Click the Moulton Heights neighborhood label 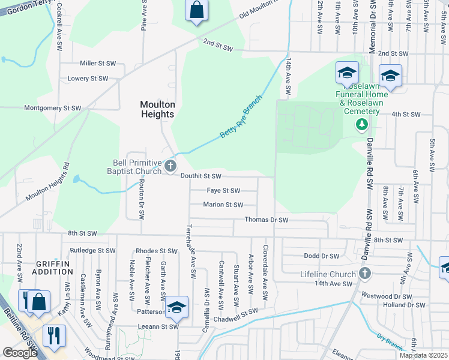[x=157, y=109]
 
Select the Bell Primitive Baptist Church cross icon [x=170, y=166]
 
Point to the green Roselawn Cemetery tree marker [x=361, y=124]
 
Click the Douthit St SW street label [x=201, y=176]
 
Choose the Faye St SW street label [x=223, y=191]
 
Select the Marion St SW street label [x=223, y=205]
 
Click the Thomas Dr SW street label [x=267, y=220]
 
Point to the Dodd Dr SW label [x=322, y=256]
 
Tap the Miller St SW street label [x=97, y=63]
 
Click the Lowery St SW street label [x=88, y=79]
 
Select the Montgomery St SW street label [x=52, y=108]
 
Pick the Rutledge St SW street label [x=92, y=250]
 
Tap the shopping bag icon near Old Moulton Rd [x=196, y=10]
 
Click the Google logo [x=20, y=353]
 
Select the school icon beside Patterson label [x=177, y=308]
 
